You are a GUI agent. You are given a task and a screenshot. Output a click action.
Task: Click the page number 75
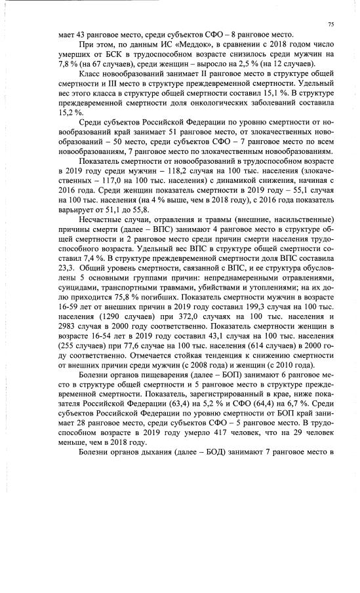(x=331, y=24)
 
